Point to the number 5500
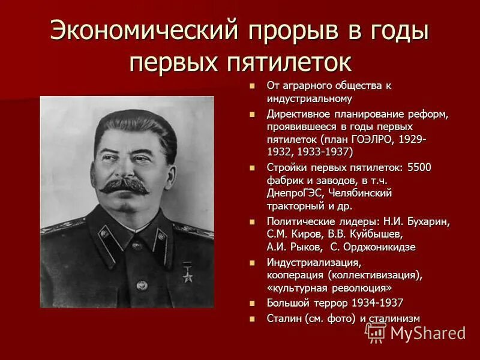tap(419, 167)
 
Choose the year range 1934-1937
tap(378, 303)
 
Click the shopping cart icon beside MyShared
tap(375, 332)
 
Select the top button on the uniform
tap(137, 245)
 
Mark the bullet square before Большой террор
tap(253, 304)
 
